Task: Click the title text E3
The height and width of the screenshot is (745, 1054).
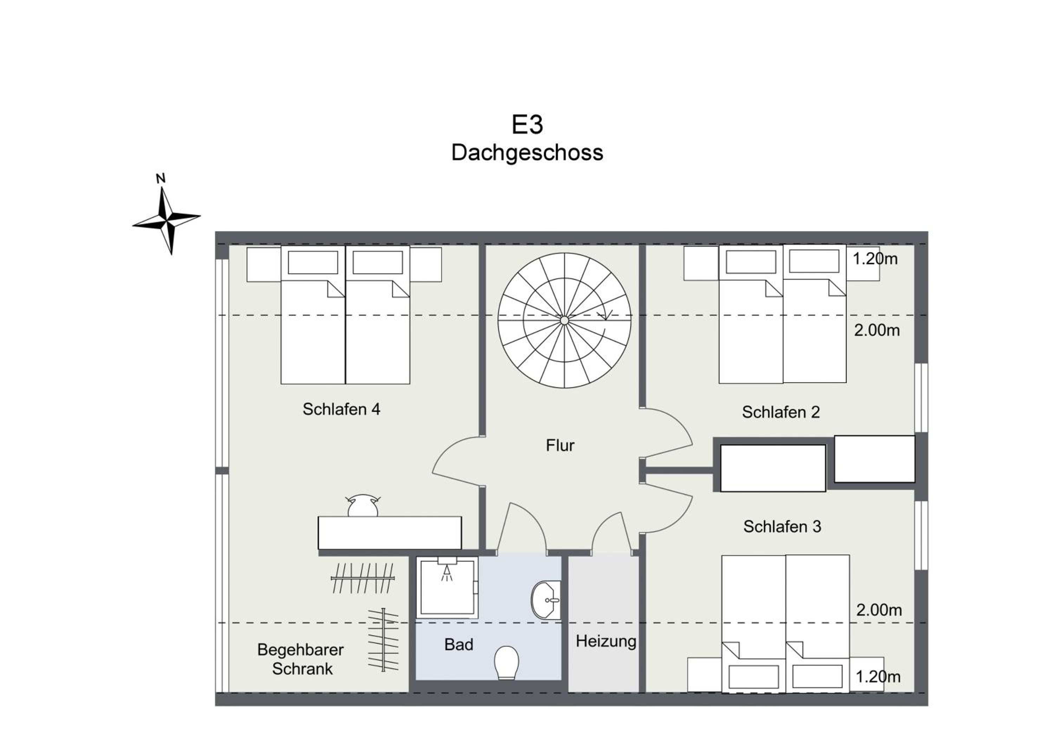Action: (x=527, y=124)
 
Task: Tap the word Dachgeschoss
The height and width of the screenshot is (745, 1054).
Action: (x=527, y=153)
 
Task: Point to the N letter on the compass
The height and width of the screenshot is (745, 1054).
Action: (x=161, y=179)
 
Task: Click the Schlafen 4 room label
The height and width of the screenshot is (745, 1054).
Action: (x=341, y=409)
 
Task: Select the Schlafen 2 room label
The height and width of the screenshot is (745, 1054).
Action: (x=781, y=412)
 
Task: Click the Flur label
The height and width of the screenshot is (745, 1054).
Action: (x=560, y=445)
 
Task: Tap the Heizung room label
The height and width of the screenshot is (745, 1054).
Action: (x=606, y=642)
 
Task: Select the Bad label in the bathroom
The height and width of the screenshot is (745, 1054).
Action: (x=458, y=644)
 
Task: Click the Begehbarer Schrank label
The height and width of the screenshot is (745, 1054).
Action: (x=301, y=659)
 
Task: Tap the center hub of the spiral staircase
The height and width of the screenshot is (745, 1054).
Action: (x=564, y=320)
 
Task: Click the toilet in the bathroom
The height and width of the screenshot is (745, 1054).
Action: (x=506, y=662)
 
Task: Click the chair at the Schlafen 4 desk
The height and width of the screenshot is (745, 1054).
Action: (x=363, y=505)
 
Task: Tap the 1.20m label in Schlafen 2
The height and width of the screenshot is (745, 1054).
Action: (x=875, y=259)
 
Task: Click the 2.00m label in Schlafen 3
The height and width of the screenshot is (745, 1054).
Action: (x=879, y=610)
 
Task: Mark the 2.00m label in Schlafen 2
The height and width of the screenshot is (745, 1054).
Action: (x=877, y=330)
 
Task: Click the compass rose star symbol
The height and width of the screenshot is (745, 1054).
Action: (x=166, y=220)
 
